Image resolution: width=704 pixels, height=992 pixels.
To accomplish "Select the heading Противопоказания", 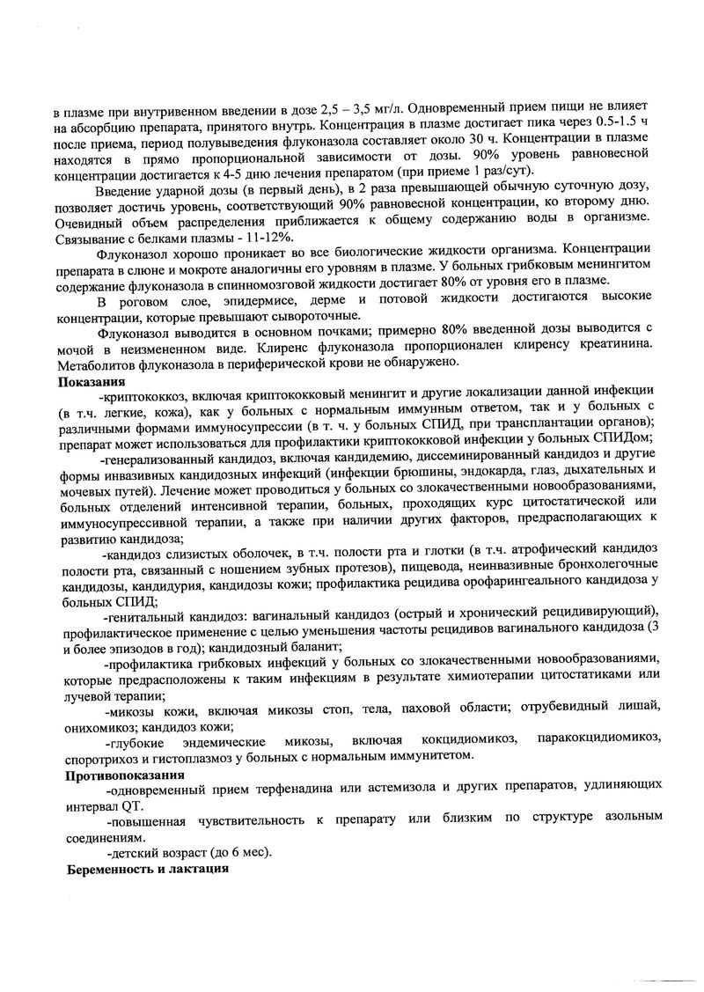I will [124, 775].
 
